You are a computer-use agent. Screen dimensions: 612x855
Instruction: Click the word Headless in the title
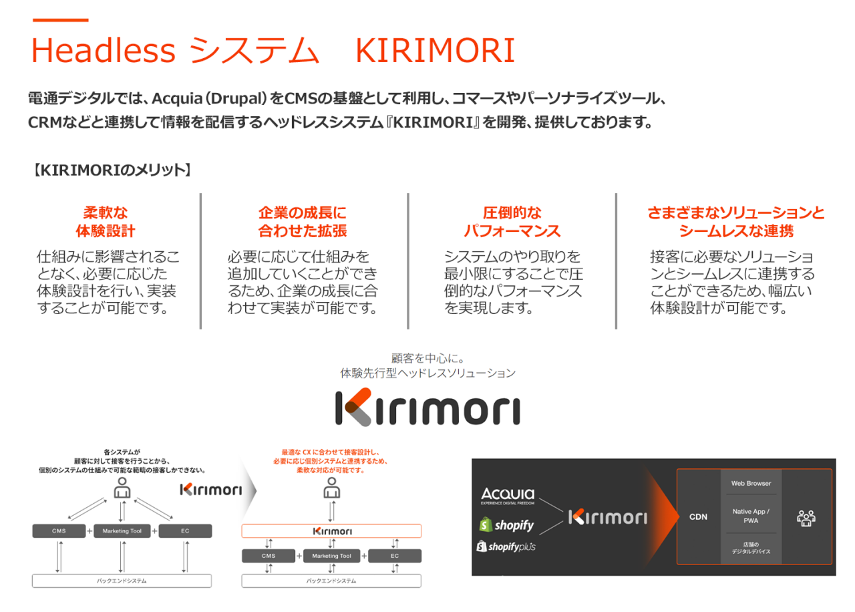tap(104, 50)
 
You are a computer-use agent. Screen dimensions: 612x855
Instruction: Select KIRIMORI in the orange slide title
tap(435, 50)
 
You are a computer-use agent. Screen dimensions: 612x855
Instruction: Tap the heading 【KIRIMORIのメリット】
tap(112, 170)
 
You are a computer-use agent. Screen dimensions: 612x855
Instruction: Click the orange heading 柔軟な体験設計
tap(106, 222)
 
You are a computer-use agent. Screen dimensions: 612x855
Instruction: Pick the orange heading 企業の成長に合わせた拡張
tap(303, 222)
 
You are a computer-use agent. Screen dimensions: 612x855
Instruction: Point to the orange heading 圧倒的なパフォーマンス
tap(512, 222)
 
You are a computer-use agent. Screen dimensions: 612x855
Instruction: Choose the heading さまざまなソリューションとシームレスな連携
tap(736, 222)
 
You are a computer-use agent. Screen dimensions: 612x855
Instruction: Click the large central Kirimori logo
tap(427, 406)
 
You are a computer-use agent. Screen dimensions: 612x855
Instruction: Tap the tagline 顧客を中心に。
tap(427, 359)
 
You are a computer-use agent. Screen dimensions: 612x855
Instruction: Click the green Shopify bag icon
tap(486, 524)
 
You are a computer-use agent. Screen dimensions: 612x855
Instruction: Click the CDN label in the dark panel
tap(699, 516)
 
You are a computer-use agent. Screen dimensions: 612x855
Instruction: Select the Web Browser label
tap(751, 483)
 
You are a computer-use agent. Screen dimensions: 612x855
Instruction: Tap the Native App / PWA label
tap(751, 515)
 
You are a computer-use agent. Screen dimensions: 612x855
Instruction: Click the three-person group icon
tap(806, 517)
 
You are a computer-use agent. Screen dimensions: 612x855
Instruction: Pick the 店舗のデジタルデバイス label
tap(751, 547)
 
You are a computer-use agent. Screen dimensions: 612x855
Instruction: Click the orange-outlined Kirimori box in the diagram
tap(331, 531)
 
